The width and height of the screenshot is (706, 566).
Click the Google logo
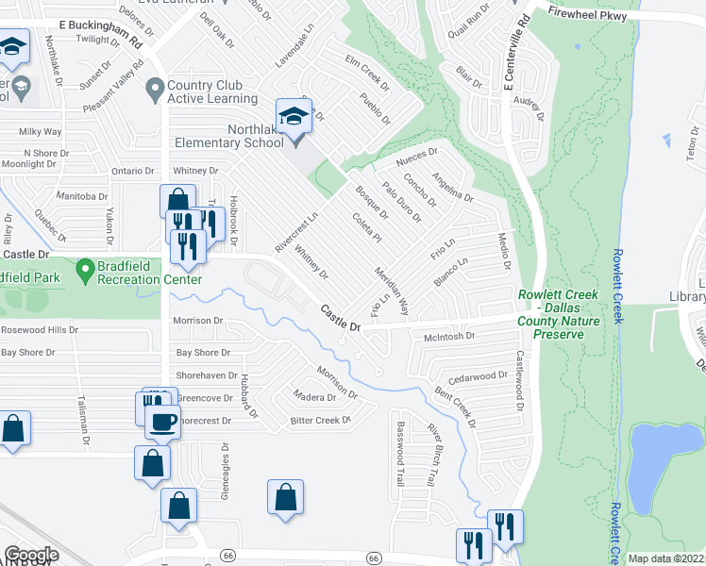click(x=31, y=554)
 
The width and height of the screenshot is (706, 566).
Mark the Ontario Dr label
click(x=132, y=171)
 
